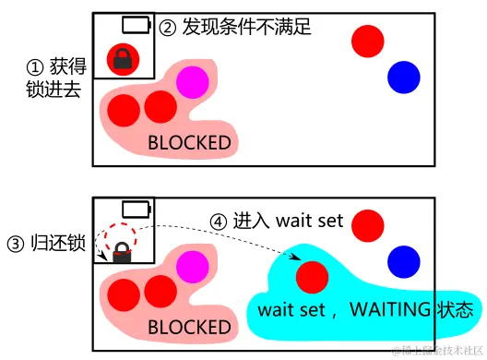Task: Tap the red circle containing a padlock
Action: pyautogui.click(x=122, y=60)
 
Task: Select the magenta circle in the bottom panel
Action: pyautogui.click(x=192, y=269)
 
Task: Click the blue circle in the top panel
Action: pyautogui.click(x=403, y=78)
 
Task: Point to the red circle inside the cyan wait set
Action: pyautogui.click(x=312, y=276)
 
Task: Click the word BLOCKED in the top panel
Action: pyautogui.click(x=190, y=143)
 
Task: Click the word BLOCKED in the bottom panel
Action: pyautogui.click(x=190, y=327)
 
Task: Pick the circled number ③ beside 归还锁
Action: pyautogui.click(x=16, y=245)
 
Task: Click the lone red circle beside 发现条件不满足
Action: pyautogui.click(x=368, y=41)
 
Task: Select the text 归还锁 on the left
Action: pyautogui.click(x=57, y=245)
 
